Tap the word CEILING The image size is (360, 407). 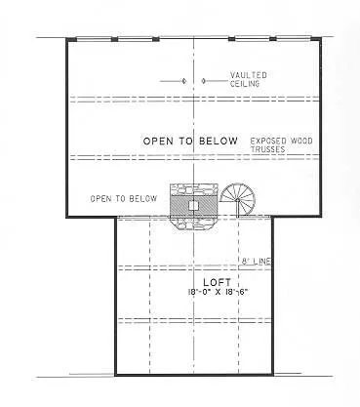click(x=245, y=83)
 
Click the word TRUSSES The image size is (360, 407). click(x=267, y=149)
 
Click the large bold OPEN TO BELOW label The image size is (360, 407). click(x=190, y=142)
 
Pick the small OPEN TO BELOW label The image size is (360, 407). click(x=123, y=198)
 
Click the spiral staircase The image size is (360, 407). click(x=240, y=200)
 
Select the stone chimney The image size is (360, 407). click(x=194, y=206)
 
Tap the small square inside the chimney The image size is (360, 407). click(x=194, y=206)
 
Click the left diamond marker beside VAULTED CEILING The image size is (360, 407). click(x=185, y=80)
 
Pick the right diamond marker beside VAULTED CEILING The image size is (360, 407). click(x=201, y=80)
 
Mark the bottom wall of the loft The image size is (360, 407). click(x=194, y=376)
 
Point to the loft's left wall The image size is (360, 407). click(x=116, y=293)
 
